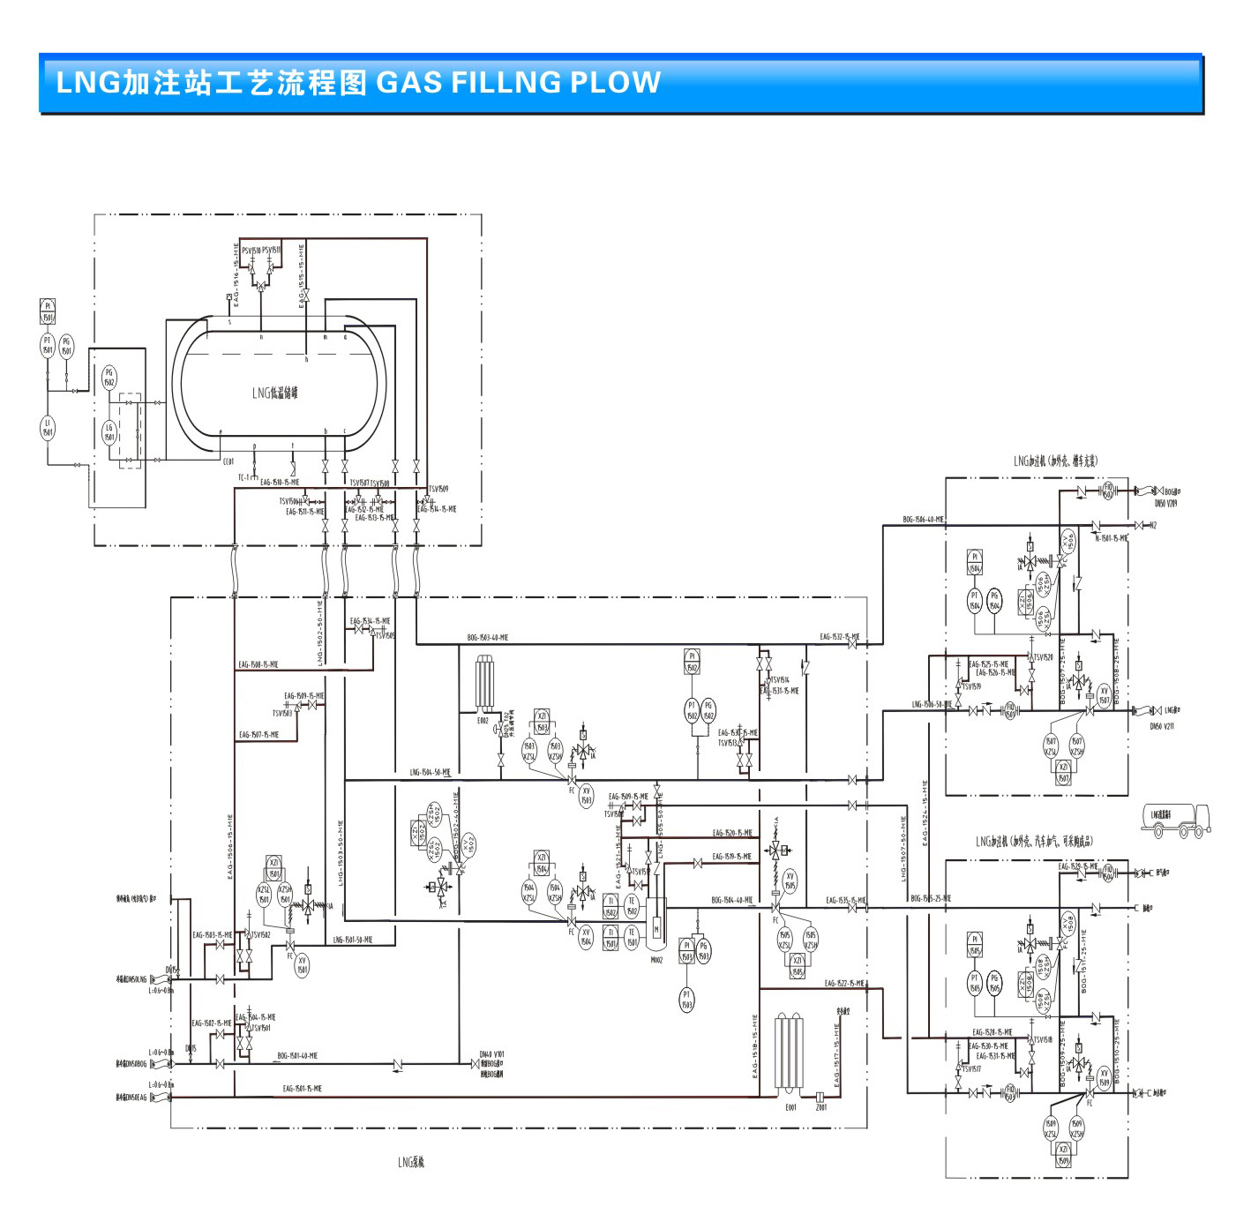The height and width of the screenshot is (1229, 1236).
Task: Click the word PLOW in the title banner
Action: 615,82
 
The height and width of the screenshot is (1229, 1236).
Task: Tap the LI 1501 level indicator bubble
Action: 48,427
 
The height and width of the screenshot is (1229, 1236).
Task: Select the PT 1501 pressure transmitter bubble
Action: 48,345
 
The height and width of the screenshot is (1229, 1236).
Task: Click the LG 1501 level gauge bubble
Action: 109,432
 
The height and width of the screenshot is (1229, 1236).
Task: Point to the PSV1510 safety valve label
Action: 251,251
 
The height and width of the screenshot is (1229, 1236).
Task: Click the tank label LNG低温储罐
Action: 275,393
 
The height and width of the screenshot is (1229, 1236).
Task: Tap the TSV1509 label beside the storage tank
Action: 438,489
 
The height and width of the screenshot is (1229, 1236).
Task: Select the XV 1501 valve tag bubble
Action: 302,965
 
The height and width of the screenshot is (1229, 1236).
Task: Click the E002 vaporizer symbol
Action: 484,684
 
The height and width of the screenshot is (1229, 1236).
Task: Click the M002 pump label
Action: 656,960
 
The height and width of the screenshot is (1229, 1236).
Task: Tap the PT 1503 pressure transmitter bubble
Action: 686,1000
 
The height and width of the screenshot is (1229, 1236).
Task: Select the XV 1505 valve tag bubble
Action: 790,881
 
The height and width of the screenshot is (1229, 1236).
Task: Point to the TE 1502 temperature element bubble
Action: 632,907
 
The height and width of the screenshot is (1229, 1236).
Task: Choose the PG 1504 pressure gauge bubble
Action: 994,601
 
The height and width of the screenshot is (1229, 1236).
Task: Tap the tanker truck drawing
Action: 1176,820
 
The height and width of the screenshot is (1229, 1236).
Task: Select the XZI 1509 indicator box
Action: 1064,1156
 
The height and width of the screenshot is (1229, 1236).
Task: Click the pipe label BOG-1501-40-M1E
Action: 297,1056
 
